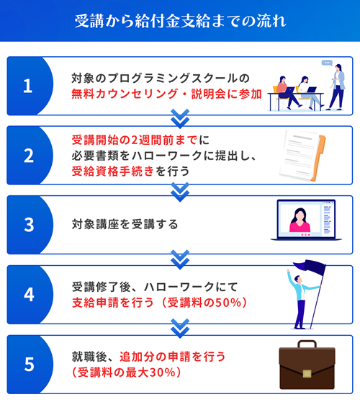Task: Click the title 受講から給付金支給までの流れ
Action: point(180,21)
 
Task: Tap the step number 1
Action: point(27,86)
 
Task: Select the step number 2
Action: point(29,156)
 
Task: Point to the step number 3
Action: point(29,225)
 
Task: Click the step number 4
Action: point(29,295)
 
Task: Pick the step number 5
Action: point(29,365)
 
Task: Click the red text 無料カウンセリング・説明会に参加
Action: point(166,94)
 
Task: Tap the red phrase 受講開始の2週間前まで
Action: point(135,141)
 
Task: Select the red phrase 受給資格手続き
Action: point(113,171)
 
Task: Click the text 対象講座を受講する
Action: point(125,225)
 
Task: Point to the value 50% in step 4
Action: point(228,303)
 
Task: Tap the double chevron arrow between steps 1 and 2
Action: point(180,119)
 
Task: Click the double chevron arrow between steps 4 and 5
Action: point(180,329)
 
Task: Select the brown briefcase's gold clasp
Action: point(307,373)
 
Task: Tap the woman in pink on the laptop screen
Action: point(300,220)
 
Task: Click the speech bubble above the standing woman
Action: point(327,63)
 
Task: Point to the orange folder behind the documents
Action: point(319,158)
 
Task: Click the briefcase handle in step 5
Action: point(307,344)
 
